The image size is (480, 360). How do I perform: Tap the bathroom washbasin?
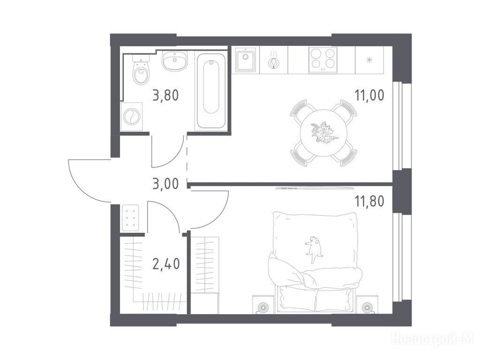pos(174,60)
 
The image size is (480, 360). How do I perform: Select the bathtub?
pos(211,91)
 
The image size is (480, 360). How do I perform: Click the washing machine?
pos(131,117)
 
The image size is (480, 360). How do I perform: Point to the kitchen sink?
pos(246,60)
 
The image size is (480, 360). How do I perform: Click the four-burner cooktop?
pos(322,60)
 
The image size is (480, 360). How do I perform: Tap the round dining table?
pos(324,133)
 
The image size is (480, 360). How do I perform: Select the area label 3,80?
pos(165,95)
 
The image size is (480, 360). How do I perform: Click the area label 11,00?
pos(369,95)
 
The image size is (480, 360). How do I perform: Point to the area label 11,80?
pos(369,201)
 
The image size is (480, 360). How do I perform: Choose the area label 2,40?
pos(165,264)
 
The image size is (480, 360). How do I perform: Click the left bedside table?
pos(263,304)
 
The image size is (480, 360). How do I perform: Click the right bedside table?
pos(367,304)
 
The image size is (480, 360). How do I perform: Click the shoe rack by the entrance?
pos(131,217)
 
